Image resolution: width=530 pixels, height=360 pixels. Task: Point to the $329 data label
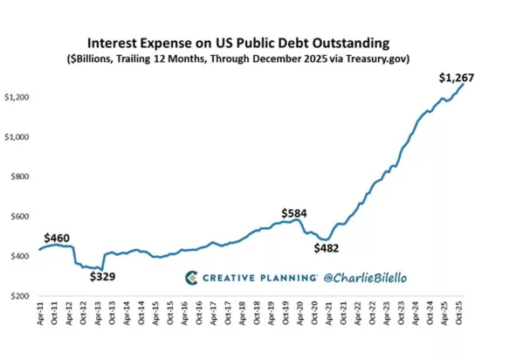click(103, 277)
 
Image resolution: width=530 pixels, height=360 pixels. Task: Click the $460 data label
click(57, 239)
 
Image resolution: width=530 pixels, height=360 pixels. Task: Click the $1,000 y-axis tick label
click(17, 137)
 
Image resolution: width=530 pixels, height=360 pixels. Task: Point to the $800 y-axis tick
click(20, 177)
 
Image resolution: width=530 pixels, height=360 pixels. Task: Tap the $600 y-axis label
click(20, 217)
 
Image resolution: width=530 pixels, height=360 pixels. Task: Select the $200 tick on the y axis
click(20, 296)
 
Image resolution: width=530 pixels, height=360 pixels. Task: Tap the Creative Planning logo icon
click(191, 278)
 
